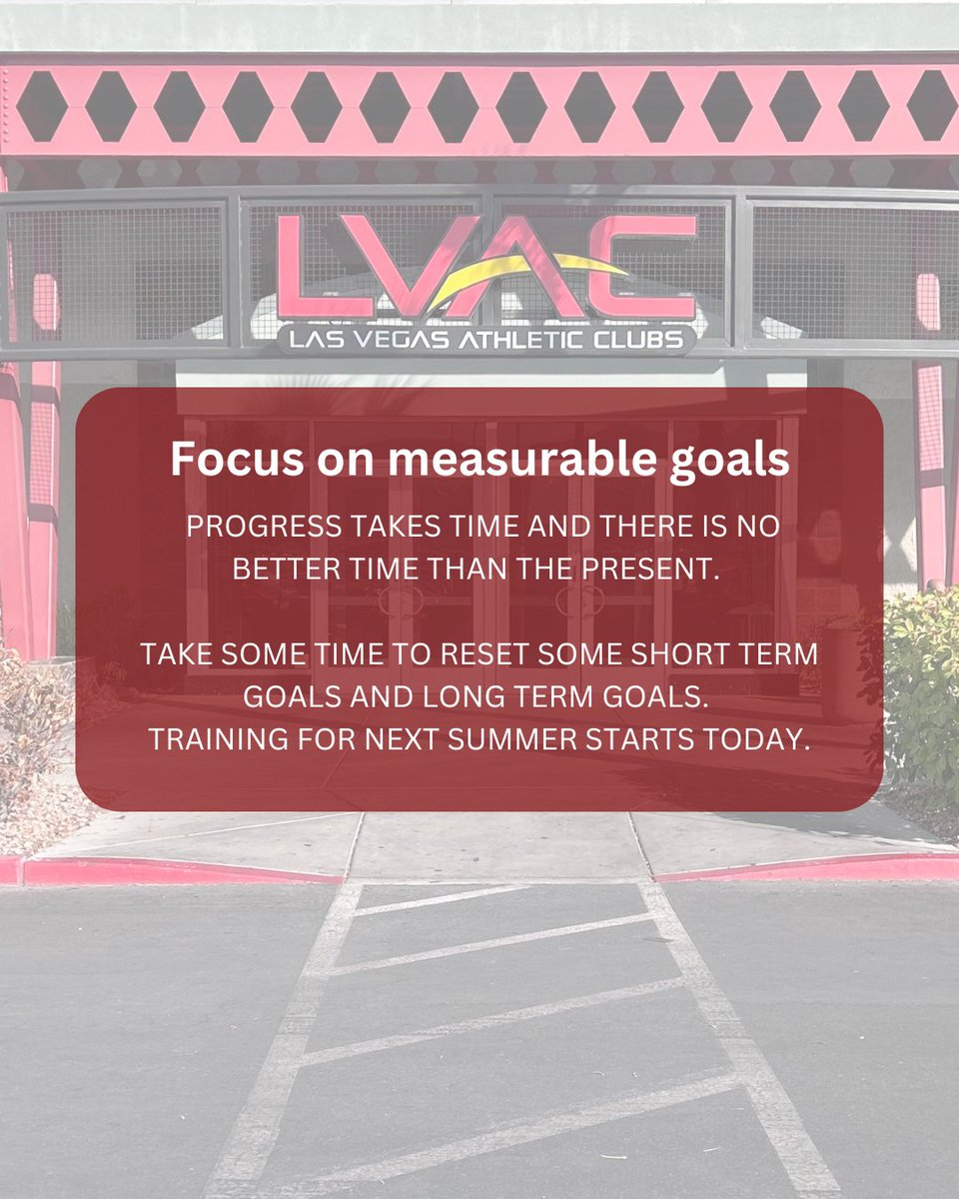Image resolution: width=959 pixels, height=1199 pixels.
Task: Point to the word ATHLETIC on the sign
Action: click(x=525, y=340)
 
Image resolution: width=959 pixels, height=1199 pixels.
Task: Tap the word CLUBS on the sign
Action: click(x=641, y=340)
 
